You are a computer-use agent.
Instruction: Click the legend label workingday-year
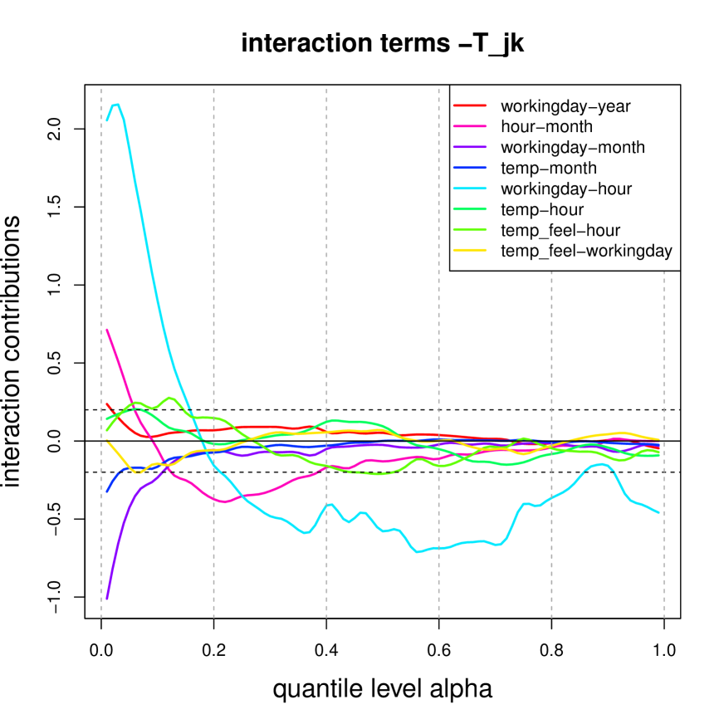(565, 106)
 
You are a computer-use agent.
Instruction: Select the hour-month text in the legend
(546, 127)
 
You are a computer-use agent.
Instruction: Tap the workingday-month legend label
(573, 148)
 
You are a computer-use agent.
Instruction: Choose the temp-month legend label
(549, 169)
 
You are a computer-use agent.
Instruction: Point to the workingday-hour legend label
(566, 189)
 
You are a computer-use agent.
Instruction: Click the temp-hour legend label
(542, 210)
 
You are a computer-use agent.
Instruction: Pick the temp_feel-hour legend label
(560, 230)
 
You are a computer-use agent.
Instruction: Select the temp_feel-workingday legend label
(586, 251)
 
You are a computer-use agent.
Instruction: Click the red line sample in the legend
(470, 106)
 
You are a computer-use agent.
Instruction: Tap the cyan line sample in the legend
(470, 189)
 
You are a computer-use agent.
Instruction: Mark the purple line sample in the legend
(470, 148)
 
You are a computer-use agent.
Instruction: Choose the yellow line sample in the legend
(470, 251)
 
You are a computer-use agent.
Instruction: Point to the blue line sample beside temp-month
(470, 169)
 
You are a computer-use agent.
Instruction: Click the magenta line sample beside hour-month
(470, 127)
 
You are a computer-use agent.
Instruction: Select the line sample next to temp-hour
(470, 210)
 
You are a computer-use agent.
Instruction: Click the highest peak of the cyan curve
(116, 104)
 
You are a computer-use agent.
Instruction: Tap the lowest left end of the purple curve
(107, 599)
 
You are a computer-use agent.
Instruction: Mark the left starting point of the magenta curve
(107, 330)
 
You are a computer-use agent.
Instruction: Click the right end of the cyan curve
(659, 512)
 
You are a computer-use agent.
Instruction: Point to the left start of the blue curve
(107, 492)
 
